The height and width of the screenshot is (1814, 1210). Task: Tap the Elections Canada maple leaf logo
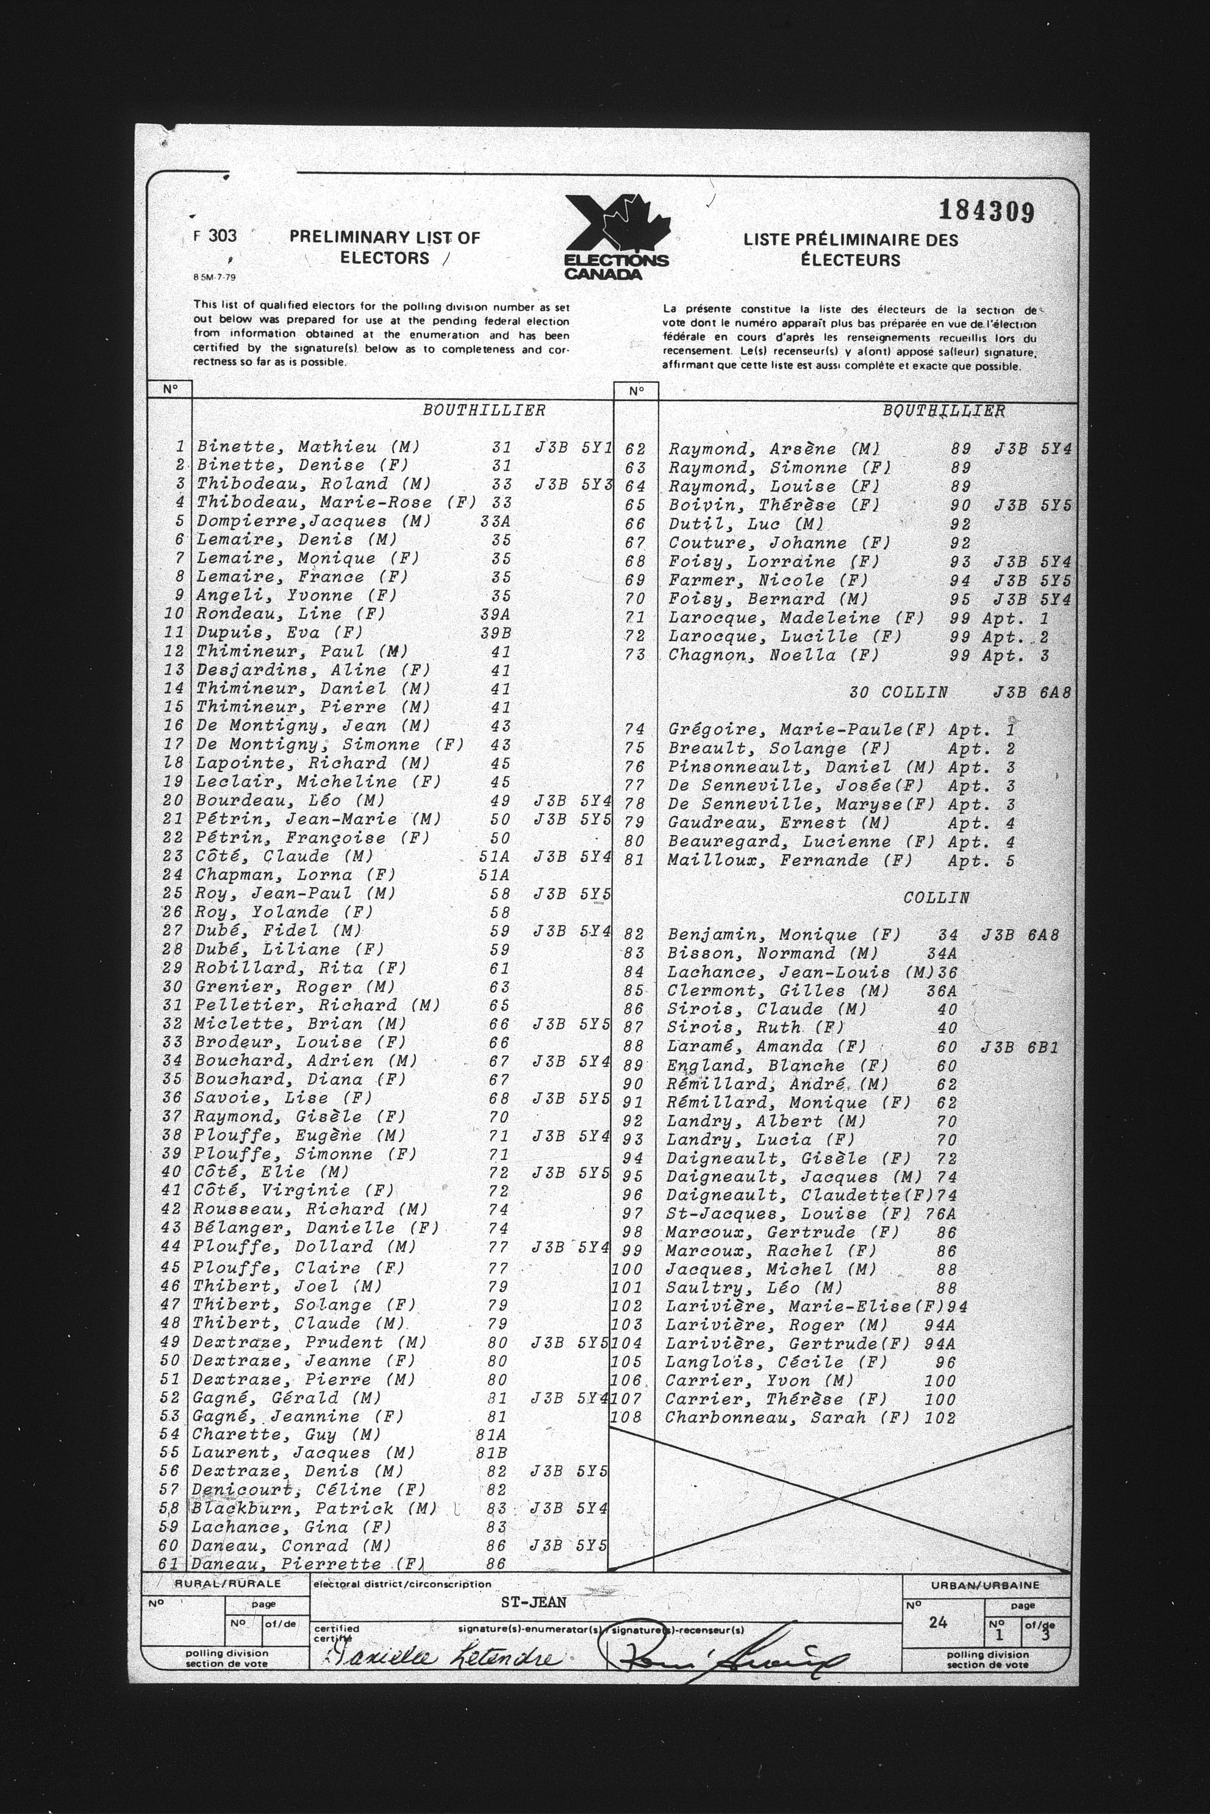pyautogui.click(x=617, y=237)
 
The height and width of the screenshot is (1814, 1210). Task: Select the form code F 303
pyautogui.click(x=215, y=236)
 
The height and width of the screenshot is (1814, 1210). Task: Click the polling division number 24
pyautogui.click(x=937, y=1622)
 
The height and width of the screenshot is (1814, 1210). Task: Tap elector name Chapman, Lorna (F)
pyautogui.click(x=296, y=875)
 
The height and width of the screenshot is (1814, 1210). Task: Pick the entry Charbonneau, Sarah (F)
pyautogui.click(x=787, y=1418)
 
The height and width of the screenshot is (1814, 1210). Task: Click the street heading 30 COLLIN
pyautogui.click(x=898, y=692)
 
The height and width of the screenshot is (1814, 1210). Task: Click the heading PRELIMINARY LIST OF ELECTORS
pyautogui.click(x=384, y=247)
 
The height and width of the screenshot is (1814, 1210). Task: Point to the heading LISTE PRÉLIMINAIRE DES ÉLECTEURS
pyautogui.click(x=850, y=250)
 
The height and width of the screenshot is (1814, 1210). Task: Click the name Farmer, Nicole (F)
pyautogui.click(x=768, y=580)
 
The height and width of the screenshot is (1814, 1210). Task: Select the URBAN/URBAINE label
pyautogui.click(x=985, y=1585)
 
